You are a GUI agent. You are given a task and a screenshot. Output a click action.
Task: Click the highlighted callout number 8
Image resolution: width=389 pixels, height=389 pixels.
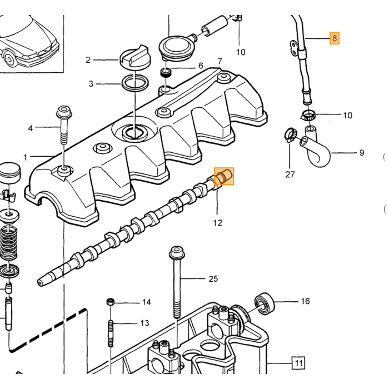[334, 38]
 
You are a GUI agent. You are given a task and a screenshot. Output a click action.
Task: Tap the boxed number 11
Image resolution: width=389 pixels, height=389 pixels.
[298, 363]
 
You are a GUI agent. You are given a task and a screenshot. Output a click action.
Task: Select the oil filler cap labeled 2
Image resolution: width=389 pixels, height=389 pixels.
[133, 59]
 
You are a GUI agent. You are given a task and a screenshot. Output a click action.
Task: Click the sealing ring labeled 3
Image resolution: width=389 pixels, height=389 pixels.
[135, 83]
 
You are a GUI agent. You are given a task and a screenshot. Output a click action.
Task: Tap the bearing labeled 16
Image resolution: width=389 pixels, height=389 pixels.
[265, 303]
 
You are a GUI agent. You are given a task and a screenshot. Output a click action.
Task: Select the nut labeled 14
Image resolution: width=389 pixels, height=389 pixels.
[111, 302]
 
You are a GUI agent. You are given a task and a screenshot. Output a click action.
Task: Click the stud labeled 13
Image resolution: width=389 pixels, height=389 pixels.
[111, 333]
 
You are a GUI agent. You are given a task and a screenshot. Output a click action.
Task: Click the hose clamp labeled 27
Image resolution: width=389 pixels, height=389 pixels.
[291, 134]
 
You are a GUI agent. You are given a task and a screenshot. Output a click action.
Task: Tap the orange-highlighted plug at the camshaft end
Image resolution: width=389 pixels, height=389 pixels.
[223, 176]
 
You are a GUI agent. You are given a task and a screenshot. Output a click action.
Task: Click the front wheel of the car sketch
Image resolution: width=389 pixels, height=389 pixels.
[9, 59]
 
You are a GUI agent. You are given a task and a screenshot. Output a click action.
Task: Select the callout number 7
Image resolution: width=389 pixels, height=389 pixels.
[220, 61]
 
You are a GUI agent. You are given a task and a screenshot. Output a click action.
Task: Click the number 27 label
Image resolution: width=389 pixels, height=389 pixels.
[290, 174]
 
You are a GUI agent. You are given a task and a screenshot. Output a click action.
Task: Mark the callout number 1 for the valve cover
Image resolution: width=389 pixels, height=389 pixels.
[25, 157]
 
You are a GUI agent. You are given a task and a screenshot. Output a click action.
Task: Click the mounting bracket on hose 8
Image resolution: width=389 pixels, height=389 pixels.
[294, 47]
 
